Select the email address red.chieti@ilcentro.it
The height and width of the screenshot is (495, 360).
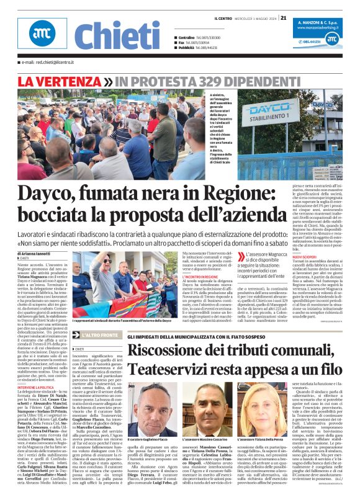[47, 63]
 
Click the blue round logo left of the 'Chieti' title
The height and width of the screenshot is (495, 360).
[42, 35]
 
